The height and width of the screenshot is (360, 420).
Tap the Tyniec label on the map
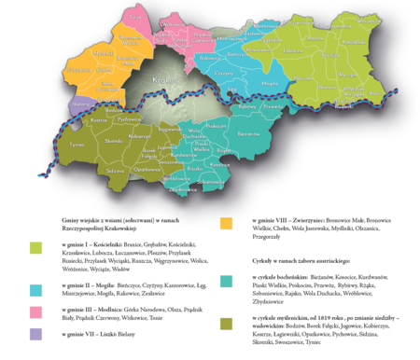(x=64, y=145)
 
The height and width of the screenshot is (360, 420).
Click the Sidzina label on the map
(x=90, y=171)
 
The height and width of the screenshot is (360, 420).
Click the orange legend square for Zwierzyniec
(x=226, y=223)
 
